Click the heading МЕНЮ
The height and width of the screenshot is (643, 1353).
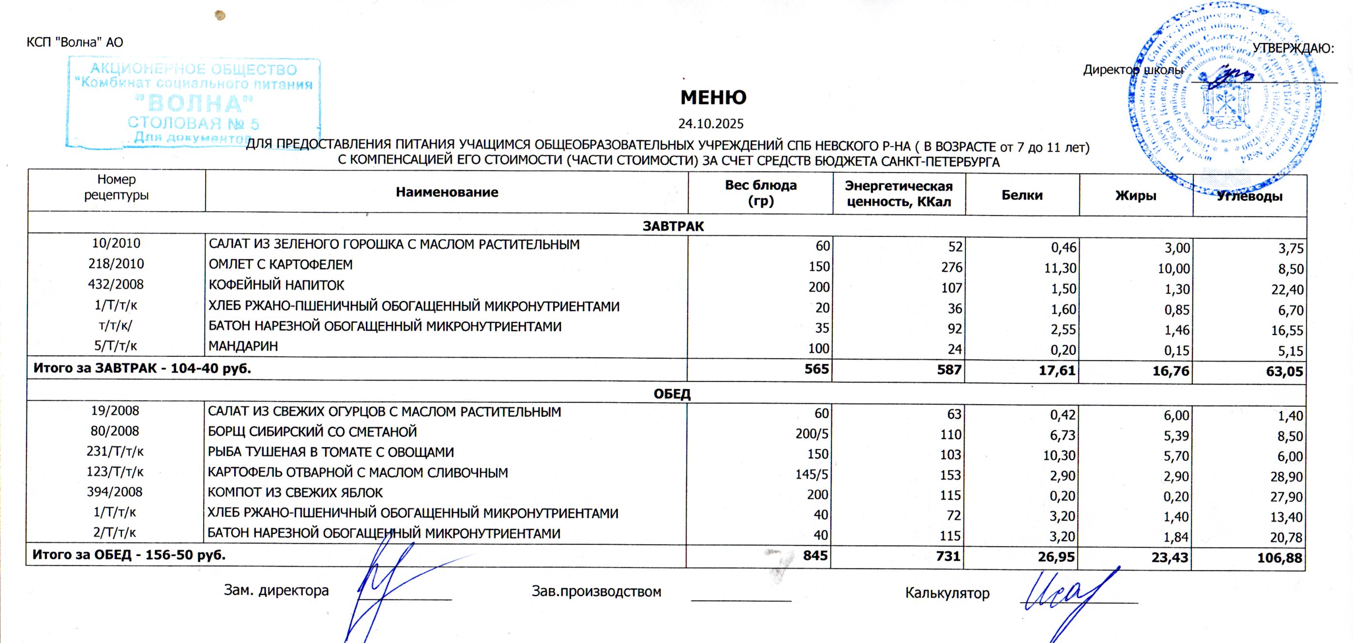pos(713,98)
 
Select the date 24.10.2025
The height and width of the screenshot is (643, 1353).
pos(711,124)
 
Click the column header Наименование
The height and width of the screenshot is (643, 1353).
pos(447,192)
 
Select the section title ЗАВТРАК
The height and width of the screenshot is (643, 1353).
pos(673,226)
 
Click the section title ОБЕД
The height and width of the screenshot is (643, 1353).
pos(672,394)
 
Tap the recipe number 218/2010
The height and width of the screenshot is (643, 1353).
pos(116,264)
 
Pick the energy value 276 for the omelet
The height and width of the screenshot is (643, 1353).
pos(951,267)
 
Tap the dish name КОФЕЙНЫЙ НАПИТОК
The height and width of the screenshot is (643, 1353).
pos(276,286)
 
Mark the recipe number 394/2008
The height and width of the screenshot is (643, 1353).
pos(115,492)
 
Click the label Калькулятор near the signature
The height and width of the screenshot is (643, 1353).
pos(947,593)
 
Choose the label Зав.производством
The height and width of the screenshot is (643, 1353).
pos(596,592)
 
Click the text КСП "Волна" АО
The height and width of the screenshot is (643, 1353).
pos(75,42)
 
